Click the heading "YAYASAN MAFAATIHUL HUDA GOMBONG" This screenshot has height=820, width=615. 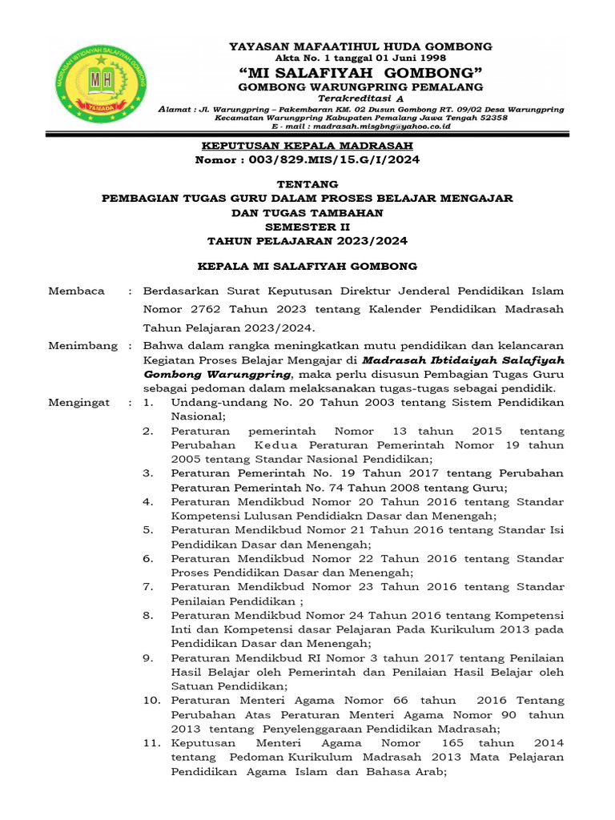[x=361, y=46]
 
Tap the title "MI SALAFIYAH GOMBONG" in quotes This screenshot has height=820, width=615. [x=361, y=72]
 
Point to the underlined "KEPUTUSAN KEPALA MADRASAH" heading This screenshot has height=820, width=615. [x=307, y=145]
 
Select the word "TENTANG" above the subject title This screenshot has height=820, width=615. [x=307, y=183]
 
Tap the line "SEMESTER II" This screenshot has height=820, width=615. [x=307, y=227]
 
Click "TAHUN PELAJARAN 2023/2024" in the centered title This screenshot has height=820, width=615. [x=307, y=240]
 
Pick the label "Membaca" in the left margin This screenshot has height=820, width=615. [x=77, y=291]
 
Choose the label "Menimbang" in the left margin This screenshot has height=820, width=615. [x=82, y=346]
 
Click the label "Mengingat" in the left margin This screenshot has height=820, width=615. [x=79, y=403]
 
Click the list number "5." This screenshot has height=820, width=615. [x=148, y=529]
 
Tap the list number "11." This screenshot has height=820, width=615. [x=152, y=743]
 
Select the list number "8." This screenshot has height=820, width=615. [x=148, y=615]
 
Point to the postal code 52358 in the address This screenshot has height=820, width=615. [x=489, y=117]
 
